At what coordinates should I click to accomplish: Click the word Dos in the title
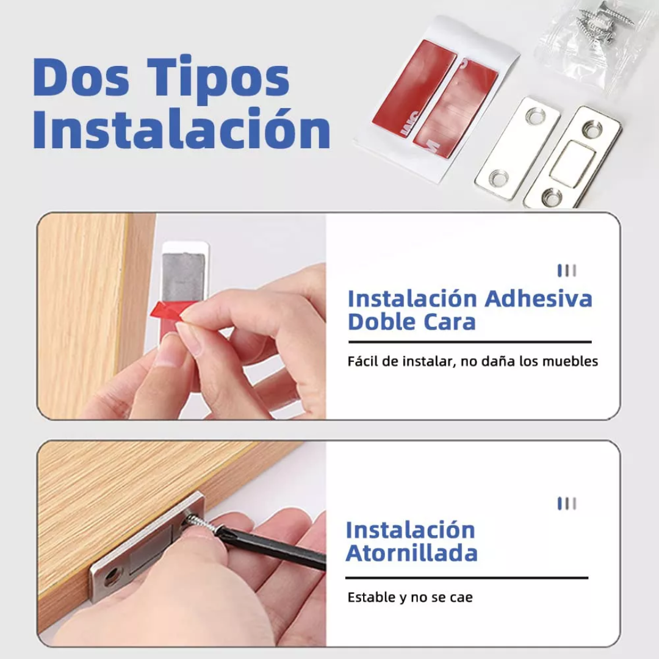81,77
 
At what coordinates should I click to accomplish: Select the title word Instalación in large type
181,129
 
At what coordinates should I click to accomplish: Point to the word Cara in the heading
450,322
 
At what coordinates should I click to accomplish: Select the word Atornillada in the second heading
411,553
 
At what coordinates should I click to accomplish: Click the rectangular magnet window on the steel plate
571,162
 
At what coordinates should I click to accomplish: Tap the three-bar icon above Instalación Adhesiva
567,270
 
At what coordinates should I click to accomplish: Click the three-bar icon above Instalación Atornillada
567,503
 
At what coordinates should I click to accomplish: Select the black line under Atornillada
467,577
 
